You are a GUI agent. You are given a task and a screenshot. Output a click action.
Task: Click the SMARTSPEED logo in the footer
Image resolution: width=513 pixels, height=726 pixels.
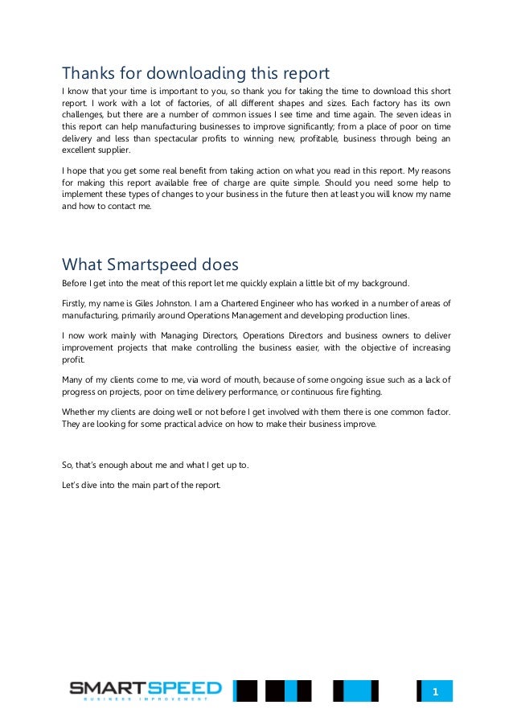click(x=145, y=688)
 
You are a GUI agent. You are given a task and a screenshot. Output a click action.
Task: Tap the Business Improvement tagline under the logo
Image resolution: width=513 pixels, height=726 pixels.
click(x=145, y=699)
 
